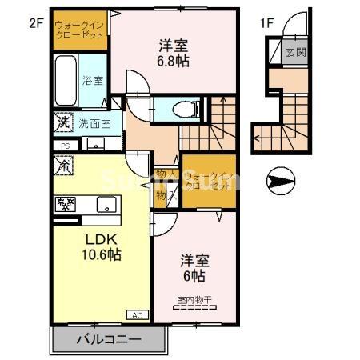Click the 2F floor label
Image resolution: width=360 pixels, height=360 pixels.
35,23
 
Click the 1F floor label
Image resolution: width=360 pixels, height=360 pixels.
266,23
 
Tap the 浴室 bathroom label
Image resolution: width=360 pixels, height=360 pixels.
93,80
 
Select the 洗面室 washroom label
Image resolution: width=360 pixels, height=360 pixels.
94,124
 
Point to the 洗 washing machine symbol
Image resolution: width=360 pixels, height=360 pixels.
64,124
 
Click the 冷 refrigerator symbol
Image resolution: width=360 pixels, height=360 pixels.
64,165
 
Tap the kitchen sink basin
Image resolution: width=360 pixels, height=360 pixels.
106,204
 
